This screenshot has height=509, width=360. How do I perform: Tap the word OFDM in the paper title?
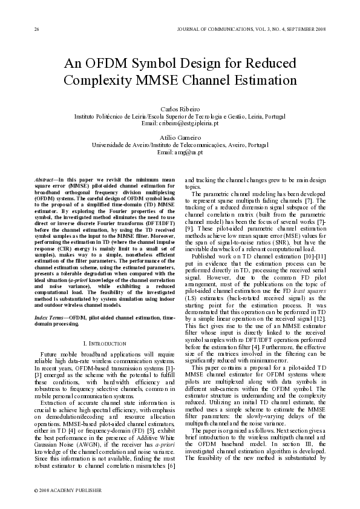[107, 64]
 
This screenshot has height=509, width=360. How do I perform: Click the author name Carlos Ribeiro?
[179, 108]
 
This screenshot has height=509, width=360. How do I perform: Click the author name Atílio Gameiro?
[179, 138]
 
